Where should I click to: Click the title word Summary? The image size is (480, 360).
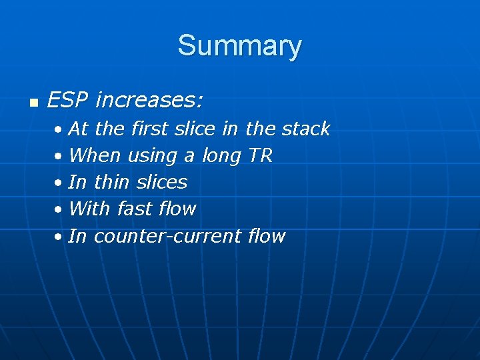coord(239,46)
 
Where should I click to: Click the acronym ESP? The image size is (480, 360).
coord(68,101)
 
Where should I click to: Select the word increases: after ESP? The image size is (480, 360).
coord(149,101)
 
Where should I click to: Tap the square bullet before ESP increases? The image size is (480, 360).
coord(33,103)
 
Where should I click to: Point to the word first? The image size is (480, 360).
coord(151,128)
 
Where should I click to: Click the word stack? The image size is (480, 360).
coord(305,128)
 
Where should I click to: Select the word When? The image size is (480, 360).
coord(94,155)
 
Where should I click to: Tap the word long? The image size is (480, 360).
coord(221,156)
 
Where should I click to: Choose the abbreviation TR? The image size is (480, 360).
coord(260,155)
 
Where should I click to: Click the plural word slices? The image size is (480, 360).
coord(161,182)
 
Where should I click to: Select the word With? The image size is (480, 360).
coord(89,209)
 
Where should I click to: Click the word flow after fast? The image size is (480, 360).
coord(177,209)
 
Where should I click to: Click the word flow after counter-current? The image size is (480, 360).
coord(266,236)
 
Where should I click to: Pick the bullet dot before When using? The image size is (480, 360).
coord(60,157)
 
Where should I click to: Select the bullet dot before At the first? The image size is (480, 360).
coord(60,129)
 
